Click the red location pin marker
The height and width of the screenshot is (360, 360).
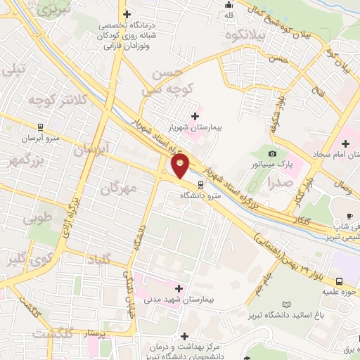181,166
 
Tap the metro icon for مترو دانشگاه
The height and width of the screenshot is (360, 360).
201,186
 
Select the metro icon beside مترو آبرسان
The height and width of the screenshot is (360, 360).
41,128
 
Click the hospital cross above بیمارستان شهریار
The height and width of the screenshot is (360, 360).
195,115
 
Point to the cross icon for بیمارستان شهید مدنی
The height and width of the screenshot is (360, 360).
179,288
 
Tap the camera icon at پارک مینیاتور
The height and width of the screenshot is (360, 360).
272,153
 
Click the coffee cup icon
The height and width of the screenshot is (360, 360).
349,214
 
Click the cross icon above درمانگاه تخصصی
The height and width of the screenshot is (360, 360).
126,13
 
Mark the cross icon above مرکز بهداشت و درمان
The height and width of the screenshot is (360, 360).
184,336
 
